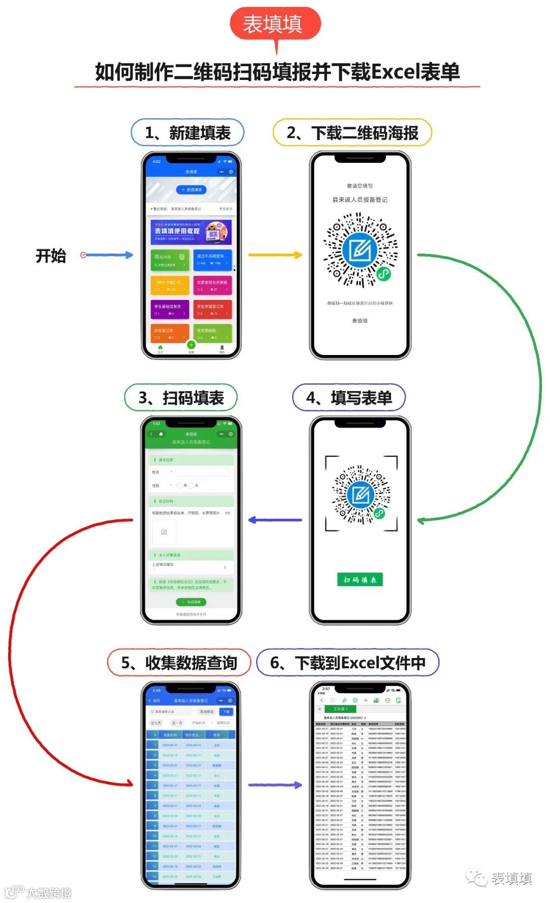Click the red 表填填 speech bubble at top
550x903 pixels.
click(x=275, y=23)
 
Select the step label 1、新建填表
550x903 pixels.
click(x=187, y=133)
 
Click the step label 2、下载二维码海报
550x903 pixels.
click(x=352, y=133)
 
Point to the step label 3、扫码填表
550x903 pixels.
click(x=181, y=398)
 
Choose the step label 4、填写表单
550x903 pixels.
click(x=349, y=398)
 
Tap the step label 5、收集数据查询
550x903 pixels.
click(x=179, y=663)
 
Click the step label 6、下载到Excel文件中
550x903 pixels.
click(x=348, y=663)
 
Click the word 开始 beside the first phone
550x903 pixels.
click(x=51, y=256)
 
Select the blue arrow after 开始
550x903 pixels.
click(x=108, y=255)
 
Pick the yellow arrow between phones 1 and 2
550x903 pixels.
click(x=275, y=255)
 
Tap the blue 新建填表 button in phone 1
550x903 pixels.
click(x=191, y=189)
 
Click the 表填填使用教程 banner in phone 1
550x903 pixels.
click(x=191, y=232)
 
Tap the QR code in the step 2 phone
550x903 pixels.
click(x=361, y=250)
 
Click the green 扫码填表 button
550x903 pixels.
click(x=360, y=580)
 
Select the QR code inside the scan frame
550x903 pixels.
click(x=361, y=494)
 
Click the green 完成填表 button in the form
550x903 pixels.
click(x=191, y=602)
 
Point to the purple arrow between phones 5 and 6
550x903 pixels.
click(x=275, y=785)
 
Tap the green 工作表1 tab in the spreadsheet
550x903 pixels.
click(x=340, y=709)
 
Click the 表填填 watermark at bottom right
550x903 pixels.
click(x=502, y=878)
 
